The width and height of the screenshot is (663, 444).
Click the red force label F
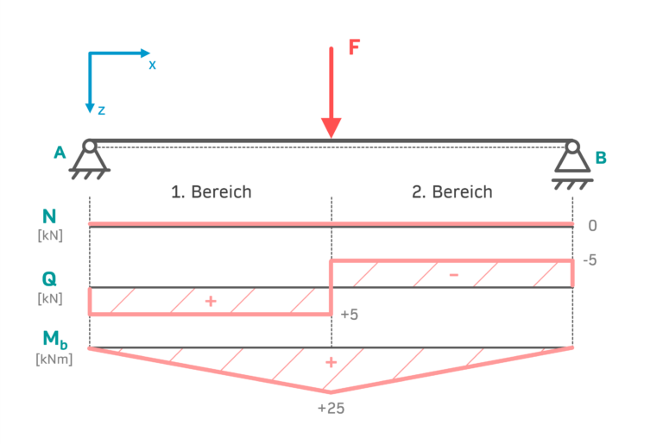[354, 47]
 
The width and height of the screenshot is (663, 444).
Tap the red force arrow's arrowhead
[331, 128]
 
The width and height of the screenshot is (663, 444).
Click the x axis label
[152, 65]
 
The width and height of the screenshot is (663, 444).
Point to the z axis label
[102, 110]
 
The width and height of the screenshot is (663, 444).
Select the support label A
[60, 153]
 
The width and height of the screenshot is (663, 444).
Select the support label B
[601, 158]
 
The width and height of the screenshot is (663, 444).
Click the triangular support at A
[90, 160]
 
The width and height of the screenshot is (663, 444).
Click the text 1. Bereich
[211, 191]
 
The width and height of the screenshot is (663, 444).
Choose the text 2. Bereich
[451, 191]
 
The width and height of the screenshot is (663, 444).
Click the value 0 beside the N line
[592, 226]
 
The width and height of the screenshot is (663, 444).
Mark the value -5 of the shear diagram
[591, 260]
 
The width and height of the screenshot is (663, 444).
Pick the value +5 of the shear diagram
[350, 315]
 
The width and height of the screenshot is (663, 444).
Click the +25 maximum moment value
[331, 408]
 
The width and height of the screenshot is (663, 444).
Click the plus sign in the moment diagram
[330, 362]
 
